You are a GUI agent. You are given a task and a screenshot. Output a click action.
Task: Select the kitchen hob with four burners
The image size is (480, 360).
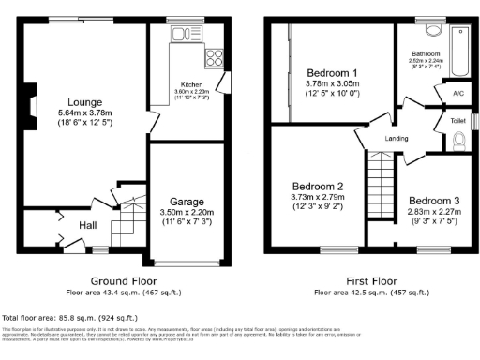[x=213, y=58]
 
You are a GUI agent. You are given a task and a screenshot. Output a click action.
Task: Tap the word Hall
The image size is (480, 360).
[x=87, y=225]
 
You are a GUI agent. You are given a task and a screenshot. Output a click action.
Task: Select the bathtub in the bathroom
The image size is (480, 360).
[x=461, y=47]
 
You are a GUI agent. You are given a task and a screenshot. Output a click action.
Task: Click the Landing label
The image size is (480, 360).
[x=397, y=139]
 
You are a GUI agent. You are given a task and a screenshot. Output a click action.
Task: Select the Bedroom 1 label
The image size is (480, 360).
[x=332, y=72]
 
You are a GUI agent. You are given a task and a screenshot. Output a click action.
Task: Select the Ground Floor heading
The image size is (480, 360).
[x=122, y=280]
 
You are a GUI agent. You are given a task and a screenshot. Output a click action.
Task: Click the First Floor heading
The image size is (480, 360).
[x=368, y=280]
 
